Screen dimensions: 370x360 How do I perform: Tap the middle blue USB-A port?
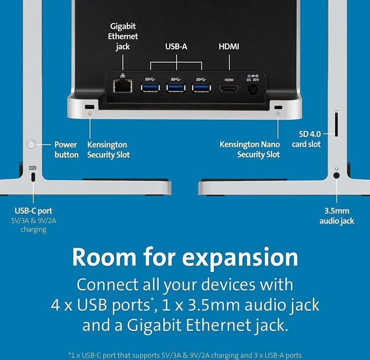176,88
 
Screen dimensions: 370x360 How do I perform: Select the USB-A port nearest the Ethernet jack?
150,88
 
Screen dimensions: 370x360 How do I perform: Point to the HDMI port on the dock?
229,88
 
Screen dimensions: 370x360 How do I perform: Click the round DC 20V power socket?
254,89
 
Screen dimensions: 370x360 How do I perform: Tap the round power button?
32,145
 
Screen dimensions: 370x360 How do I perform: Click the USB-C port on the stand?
33,177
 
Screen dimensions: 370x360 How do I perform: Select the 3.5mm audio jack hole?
337,175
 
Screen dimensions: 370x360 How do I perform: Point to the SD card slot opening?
336,125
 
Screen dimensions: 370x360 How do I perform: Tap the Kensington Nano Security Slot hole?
278,107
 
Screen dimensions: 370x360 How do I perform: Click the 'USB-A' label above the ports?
176,47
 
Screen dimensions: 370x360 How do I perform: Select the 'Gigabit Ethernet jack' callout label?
123,36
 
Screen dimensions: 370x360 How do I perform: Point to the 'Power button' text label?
66,149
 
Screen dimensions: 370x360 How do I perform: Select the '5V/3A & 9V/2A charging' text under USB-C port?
33,224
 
